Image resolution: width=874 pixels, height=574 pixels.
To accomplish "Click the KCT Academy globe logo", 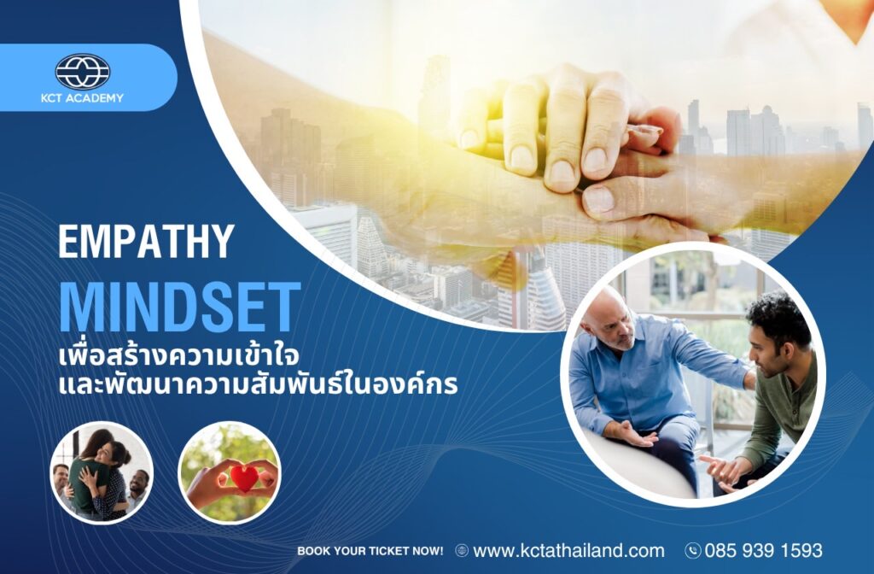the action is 83,72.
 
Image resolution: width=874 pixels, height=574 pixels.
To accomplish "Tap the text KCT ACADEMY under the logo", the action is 82,98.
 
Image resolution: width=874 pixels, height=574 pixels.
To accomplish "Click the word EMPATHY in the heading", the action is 146,241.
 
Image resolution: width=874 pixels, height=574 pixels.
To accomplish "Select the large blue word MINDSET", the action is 180,307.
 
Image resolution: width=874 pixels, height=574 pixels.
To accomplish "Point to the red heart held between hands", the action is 244,478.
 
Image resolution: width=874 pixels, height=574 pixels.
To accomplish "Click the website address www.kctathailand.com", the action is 568,551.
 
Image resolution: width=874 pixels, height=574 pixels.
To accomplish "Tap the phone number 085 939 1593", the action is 763,551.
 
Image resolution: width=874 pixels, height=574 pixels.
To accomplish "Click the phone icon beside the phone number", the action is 693,551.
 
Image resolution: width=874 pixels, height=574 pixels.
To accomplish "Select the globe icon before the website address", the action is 462,551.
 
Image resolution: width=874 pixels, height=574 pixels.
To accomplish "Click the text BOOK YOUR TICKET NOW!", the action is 370,551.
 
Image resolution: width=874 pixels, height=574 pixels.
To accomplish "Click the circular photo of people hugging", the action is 102,473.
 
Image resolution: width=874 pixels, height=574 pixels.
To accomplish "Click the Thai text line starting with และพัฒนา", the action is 258,384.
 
